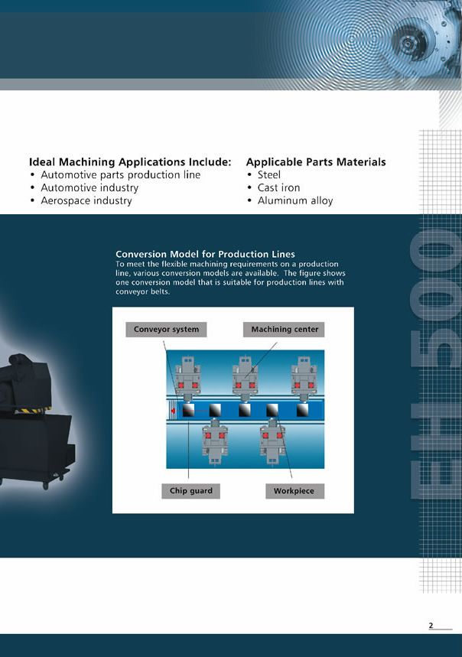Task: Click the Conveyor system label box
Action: (x=166, y=330)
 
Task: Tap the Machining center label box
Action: (x=284, y=330)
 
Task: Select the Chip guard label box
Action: (x=191, y=491)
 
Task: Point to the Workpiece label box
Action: (x=295, y=491)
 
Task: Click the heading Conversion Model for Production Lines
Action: (x=205, y=254)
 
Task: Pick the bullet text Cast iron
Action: (x=278, y=187)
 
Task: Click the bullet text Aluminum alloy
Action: (x=295, y=200)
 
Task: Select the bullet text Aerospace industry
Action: (x=86, y=200)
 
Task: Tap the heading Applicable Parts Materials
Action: (x=316, y=161)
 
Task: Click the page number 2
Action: (x=431, y=625)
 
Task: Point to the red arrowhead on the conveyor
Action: (x=173, y=411)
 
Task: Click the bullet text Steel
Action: (x=269, y=174)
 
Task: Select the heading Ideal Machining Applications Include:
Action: (x=130, y=161)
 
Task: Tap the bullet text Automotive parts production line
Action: (x=121, y=174)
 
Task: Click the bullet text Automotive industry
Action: (x=89, y=187)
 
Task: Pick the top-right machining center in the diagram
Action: (x=304, y=379)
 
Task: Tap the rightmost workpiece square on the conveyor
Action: (x=302, y=410)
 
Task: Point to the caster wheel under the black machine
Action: (x=45, y=486)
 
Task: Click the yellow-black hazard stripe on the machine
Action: (x=34, y=409)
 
